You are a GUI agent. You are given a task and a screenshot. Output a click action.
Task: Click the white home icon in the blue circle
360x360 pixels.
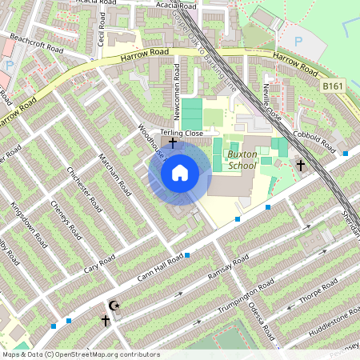pyautogui.click(x=180, y=172)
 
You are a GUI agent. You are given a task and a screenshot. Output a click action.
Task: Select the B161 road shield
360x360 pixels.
pyautogui.click(x=332, y=85)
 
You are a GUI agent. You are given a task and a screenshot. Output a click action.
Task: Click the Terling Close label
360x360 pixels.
pyautogui.click(x=182, y=133)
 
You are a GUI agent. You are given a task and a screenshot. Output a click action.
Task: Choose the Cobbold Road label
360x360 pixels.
pyautogui.click(x=315, y=141)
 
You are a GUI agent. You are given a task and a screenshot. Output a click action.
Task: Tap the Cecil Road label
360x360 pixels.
pyautogui.click(x=102, y=28)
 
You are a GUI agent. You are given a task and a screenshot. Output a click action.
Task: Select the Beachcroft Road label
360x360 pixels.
pyautogui.click(x=38, y=42)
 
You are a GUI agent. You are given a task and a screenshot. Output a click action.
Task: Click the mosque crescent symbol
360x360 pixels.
pyautogui.click(x=113, y=306)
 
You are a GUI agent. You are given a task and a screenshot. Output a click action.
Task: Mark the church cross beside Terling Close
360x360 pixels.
pyautogui.click(x=172, y=142)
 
